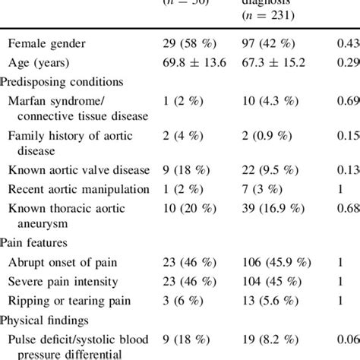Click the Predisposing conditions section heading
point(62,81)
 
